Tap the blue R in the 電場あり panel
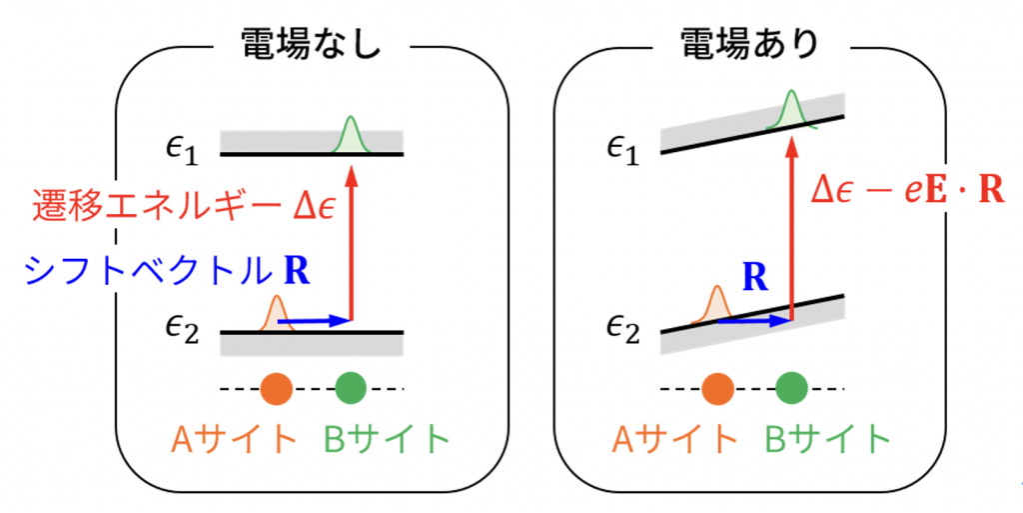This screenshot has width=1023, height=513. coord(756,278)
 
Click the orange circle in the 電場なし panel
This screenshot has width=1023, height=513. coord(277,388)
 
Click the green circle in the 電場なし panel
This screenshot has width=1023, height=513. coord(351,388)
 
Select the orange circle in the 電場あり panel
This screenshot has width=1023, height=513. coord(717,388)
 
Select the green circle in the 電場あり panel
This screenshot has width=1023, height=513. coord(791,388)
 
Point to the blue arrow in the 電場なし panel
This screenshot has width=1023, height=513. coord(315,321)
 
